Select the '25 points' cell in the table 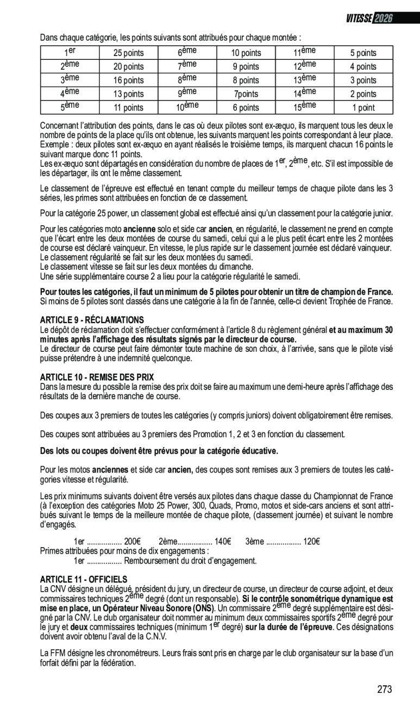[128, 53]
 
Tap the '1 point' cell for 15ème [363, 108]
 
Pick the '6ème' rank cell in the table [187, 52]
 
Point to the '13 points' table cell [128, 94]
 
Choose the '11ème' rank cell [305, 52]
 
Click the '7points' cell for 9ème [246, 94]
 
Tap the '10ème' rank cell [187, 107]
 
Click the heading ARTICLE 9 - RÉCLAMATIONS [92, 319]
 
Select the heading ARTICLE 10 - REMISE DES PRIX [97, 377]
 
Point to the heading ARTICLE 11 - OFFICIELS [84, 579]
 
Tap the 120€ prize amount [311, 541]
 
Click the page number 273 [384, 689]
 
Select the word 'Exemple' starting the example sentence [54, 145]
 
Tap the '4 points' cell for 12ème [363, 67]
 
